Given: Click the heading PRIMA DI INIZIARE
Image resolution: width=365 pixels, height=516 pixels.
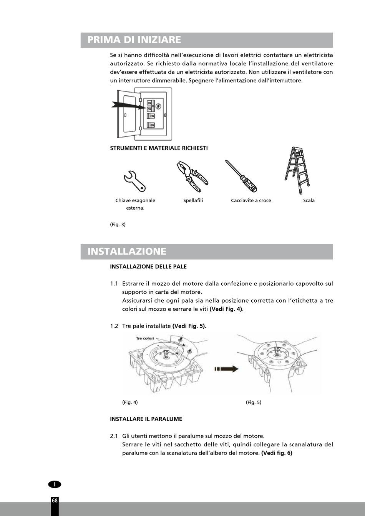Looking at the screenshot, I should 134,40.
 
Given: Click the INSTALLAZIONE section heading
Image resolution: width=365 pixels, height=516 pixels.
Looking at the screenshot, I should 127,251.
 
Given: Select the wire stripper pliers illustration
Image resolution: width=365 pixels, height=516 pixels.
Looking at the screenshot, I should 192,176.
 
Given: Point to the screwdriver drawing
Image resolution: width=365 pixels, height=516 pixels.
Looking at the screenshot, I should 241,176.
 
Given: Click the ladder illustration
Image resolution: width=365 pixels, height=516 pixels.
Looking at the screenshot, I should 297,170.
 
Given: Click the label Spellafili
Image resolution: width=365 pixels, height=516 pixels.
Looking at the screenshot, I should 193,200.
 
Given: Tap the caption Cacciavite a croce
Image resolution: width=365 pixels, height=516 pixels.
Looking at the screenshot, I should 251,200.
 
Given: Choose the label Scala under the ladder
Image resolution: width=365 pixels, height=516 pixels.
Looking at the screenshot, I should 309,200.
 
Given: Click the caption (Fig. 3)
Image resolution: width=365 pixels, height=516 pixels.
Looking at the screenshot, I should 118,225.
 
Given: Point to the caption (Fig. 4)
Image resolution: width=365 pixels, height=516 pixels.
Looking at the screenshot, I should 130,403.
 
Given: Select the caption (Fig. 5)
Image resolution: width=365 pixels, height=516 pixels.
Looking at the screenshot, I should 254,403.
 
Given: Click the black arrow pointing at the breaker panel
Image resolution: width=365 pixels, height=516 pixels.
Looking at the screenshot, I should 125,105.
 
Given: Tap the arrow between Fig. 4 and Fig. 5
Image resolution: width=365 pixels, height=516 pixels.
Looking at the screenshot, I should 226,369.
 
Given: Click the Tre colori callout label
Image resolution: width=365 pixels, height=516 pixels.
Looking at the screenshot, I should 145,338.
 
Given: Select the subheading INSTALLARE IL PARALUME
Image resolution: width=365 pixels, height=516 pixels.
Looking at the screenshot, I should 146,419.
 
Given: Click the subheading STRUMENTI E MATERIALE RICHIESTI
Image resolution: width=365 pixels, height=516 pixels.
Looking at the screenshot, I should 159,148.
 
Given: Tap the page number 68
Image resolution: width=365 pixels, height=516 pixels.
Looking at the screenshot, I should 55,501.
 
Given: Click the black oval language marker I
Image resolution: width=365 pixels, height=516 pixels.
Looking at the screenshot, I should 55,484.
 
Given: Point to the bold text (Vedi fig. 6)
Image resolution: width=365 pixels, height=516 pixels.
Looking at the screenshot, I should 277,453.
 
